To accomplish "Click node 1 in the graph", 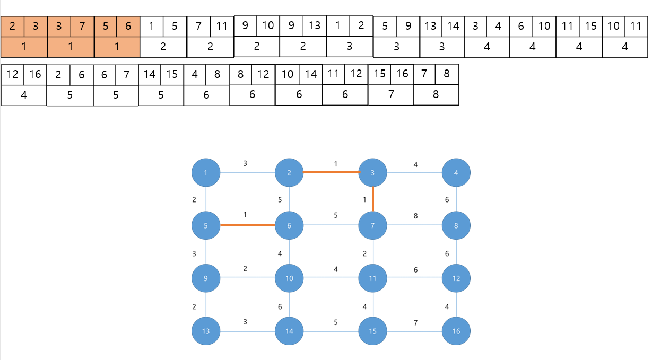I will pos(205,173).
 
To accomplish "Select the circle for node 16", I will pos(456,331).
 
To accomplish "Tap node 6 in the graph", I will pos(289,225).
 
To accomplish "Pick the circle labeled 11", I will pos(373,278).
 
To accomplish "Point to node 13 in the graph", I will pos(205,331).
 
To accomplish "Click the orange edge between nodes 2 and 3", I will pos(331,172).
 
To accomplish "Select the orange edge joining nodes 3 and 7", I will pos(373,199).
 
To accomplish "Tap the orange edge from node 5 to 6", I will pos(247,225).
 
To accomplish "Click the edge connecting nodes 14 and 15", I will pos(331,331).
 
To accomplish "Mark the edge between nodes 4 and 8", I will pos(456,199).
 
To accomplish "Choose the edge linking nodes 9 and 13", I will pos(205,305).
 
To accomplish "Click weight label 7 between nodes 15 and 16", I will pos(415,323).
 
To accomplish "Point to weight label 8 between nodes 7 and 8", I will pos(415,216).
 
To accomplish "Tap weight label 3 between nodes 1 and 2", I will pos(245,163).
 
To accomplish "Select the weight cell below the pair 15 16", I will pos(391,95).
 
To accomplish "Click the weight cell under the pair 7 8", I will pos(436,95).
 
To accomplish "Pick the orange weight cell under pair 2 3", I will pos(24,47).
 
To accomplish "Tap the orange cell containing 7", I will pos(82,26).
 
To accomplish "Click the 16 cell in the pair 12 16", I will pos(35,74).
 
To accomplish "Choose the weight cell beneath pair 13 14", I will pos(442,47).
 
